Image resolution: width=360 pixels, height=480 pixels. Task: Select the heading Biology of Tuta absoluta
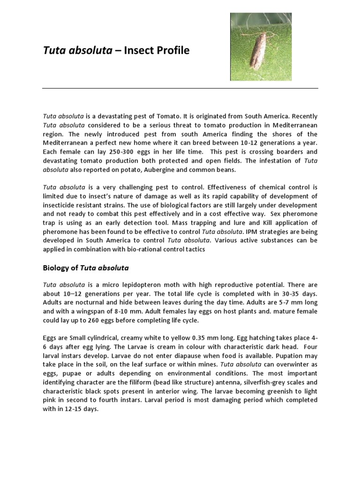click(x=86, y=268)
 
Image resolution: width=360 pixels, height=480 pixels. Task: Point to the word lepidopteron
click(x=144, y=285)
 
